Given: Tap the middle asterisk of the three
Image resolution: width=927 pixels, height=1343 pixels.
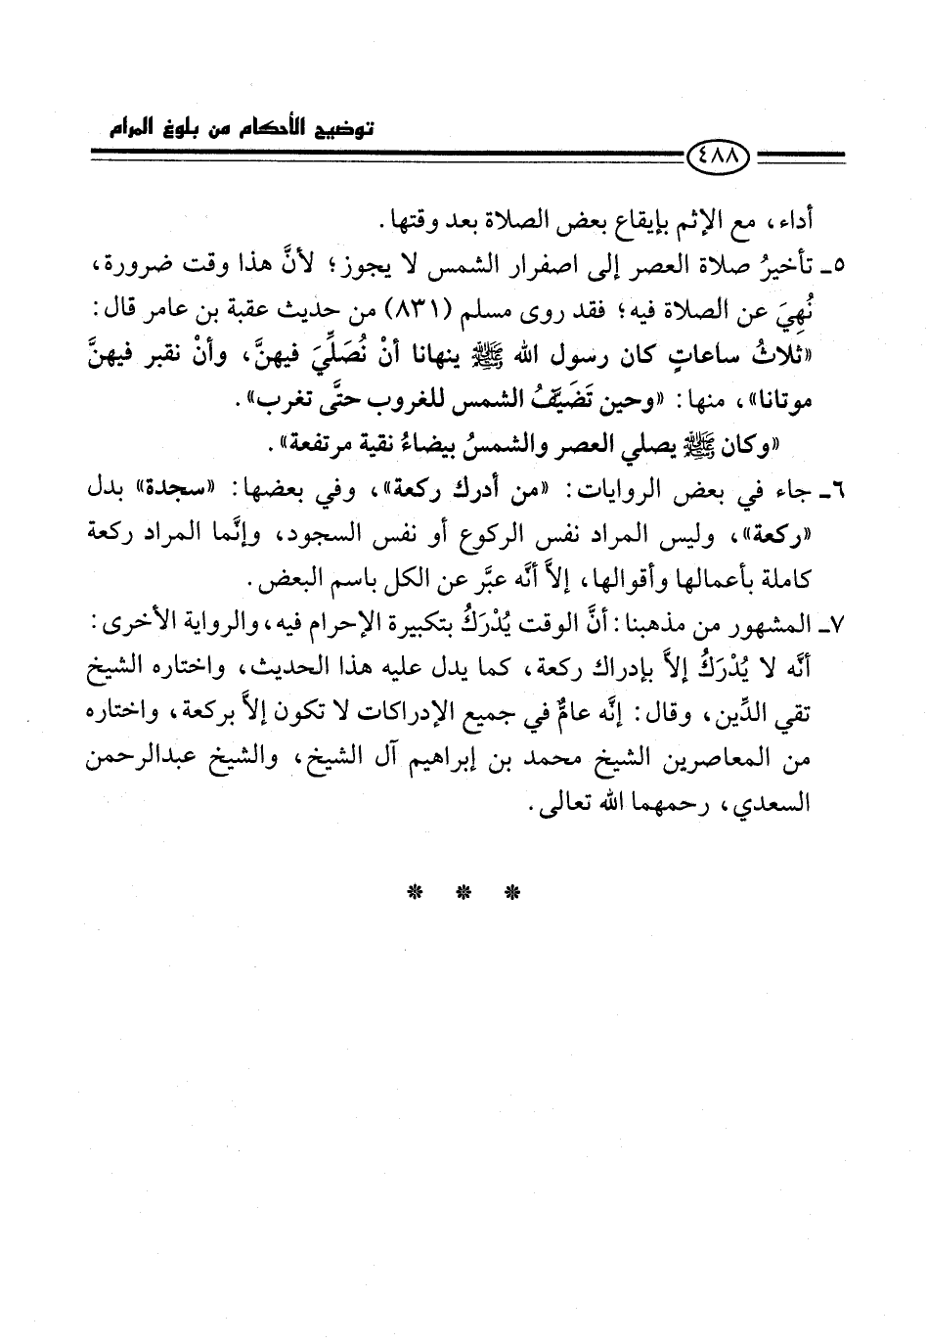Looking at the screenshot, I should pyautogui.click(x=463, y=892).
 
